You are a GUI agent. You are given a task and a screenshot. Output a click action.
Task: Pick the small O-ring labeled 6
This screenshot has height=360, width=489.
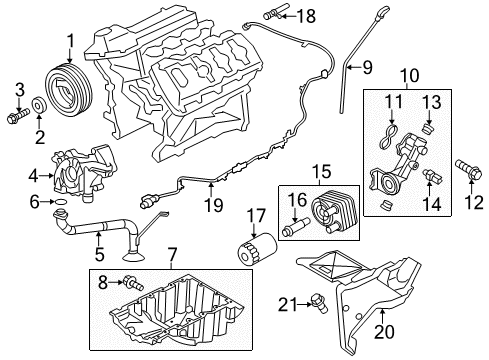pyautogui.click(x=61, y=203)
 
